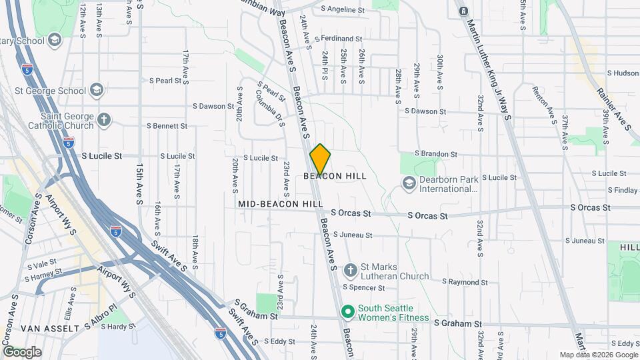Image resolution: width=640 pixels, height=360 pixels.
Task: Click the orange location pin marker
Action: [x=321, y=159]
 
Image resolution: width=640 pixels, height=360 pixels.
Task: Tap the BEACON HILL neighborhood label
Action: [x=335, y=176]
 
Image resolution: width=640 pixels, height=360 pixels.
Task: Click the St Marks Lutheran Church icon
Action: [x=351, y=271]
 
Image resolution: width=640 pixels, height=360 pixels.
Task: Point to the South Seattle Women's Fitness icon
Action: [x=347, y=311]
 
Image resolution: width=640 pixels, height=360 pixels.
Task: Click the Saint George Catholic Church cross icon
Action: [x=103, y=120]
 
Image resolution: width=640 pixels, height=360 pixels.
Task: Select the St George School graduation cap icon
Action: [x=97, y=89]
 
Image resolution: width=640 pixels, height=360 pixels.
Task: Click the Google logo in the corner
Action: [x=22, y=351]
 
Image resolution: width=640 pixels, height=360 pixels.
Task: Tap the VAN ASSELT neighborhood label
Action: [x=51, y=328]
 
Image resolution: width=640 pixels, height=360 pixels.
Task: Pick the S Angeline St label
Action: [x=343, y=9]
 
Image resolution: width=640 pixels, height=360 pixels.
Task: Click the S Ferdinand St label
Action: [x=338, y=39]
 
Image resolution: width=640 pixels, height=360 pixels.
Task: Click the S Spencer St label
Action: [x=364, y=288]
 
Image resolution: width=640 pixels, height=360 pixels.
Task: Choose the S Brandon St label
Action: [x=437, y=153]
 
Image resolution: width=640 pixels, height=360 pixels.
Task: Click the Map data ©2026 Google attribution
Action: [x=598, y=355]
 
